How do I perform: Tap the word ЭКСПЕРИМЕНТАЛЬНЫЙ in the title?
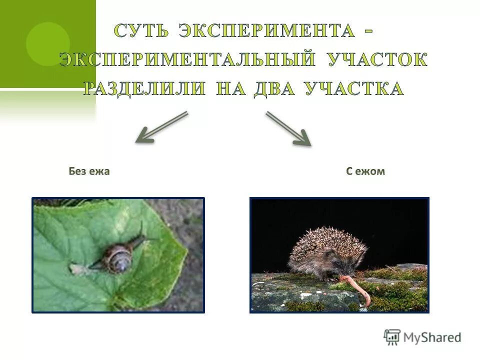coord(187,60)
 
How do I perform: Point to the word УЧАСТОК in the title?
coord(377,60)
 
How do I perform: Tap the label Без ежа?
coord(89,171)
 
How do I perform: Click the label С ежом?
coord(365,171)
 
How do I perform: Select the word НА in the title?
coord(230,88)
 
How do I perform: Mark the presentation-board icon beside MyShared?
coord(392,337)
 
